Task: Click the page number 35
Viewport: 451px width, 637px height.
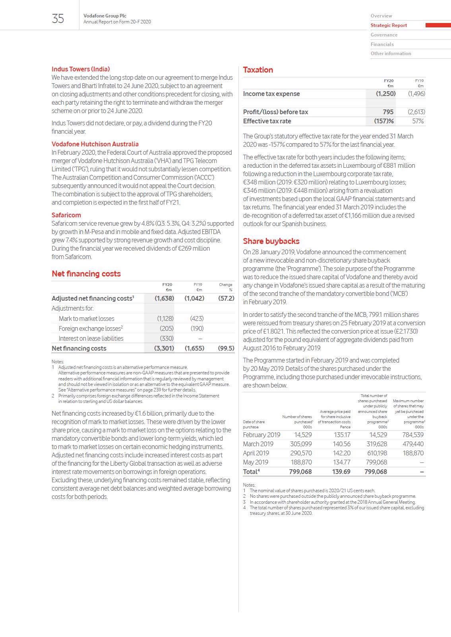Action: click(x=58, y=19)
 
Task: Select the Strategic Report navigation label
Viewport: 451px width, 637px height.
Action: click(x=389, y=25)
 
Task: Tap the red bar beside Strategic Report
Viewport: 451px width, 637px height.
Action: click(x=438, y=25)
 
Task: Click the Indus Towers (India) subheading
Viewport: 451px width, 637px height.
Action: click(x=81, y=69)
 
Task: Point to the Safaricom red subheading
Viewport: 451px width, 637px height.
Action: click(x=66, y=215)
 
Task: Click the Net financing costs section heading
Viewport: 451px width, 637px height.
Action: click(x=86, y=274)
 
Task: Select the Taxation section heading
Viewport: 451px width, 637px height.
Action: click(x=258, y=70)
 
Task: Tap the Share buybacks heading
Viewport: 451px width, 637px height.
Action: click(x=271, y=241)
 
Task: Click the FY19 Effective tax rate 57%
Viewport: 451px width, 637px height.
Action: click(x=418, y=121)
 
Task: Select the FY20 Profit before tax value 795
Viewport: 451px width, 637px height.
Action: click(x=388, y=112)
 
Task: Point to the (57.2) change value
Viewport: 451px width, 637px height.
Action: click(x=226, y=298)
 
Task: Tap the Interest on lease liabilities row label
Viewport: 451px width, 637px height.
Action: click(x=91, y=338)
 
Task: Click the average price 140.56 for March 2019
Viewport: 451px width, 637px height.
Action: click(x=341, y=444)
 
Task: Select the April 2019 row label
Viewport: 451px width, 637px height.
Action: click(x=256, y=453)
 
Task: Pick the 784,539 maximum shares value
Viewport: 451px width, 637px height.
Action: click(x=413, y=435)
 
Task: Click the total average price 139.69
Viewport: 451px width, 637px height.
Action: click(x=341, y=472)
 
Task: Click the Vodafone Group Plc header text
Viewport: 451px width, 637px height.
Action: click(x=105, y=16)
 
